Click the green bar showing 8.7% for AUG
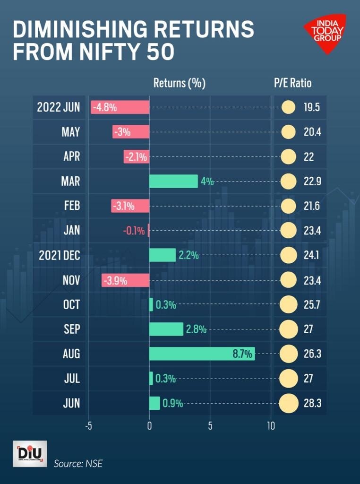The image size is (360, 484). (x=202, y=354)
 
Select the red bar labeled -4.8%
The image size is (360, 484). (x=120, y=107)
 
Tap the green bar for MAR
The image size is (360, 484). (x=173, y=181)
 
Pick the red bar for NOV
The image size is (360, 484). (x=125, y=280)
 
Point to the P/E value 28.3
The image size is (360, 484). (x=312, y=403)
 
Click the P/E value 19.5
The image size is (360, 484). (x=312, y=107)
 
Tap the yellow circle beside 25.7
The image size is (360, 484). (x=288, y=304)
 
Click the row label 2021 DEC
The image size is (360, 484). (x=60, y=255)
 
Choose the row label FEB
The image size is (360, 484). (x=71, y=206)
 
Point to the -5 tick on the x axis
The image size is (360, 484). (x=88, y=425)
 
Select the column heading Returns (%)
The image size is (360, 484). (x=179, y=83)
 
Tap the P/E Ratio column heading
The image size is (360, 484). (x=293, y=83)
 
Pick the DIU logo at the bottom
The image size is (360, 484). (x=30, y=453)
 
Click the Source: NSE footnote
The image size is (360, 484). (x=78, y=464)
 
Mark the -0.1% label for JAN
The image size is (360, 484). (x=134, y=231)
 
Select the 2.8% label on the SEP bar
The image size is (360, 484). (x=196, y=329)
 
